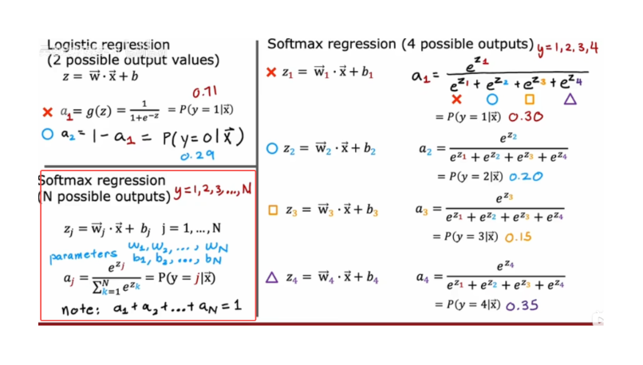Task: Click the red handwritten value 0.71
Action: pos(205,92)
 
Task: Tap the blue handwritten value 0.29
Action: pos(198,155)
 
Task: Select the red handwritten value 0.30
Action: pos(526,116)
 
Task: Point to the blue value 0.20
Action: pos(526,177)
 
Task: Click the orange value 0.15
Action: pos(519,237)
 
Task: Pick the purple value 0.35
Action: pos(522,305)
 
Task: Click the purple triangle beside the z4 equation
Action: pos(272,278)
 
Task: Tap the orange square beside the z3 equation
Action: pos(273,210)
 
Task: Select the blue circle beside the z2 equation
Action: pos(272,148)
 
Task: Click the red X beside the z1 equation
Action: pos(271,73)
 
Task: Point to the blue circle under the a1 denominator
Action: pos(492,99)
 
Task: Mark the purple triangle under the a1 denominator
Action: pos(570,99)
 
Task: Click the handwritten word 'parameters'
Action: pos(83,256)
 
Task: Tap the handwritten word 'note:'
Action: pos(81,310)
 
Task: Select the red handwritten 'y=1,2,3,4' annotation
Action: pos(567,48)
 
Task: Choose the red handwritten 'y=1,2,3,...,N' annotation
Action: pos(212,190)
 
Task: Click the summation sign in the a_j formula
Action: pos(97,288)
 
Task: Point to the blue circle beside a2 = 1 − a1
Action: pos(48,134)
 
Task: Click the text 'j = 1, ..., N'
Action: pos(191,228)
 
